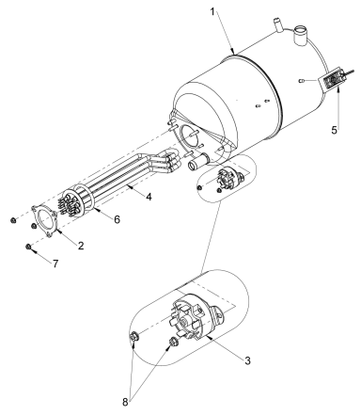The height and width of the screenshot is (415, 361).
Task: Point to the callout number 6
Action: click(116, 219)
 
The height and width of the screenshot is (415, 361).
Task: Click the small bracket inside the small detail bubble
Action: click(228, 178)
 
